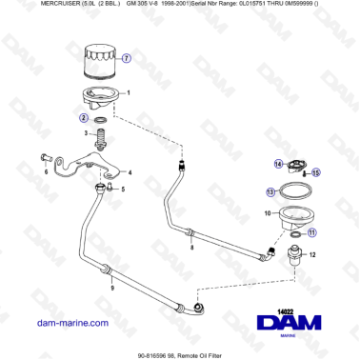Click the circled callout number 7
(128, 57)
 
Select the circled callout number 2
(85, 118)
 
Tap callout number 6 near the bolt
(45, 173)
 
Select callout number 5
(122, 189)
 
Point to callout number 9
(112, 287)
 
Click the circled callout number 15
(316, 171)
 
